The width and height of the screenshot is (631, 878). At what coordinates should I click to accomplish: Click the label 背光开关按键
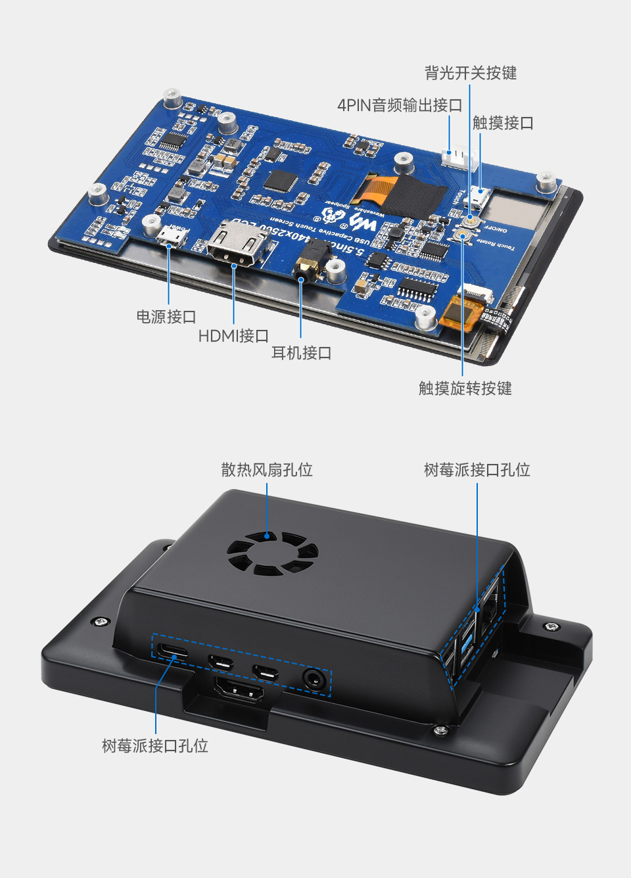click(x=470, y=73)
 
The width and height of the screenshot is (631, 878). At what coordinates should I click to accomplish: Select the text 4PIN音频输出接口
click(x=399, y=105)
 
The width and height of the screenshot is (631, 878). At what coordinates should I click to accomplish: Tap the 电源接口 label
click(x=166, y=317)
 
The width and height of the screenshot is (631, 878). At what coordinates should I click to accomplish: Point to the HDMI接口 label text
click(x=233, y=336)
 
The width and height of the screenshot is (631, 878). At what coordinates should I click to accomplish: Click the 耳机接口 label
click(x=301, y=353)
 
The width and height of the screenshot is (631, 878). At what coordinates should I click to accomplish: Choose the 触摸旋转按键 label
click(x=465, y=388)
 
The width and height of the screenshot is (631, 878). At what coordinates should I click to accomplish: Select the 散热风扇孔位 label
click(x=266, y=470)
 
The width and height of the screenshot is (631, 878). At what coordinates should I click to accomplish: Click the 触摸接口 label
click(x=503, y=123)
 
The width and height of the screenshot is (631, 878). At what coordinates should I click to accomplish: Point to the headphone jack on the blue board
click(x=312, y=260)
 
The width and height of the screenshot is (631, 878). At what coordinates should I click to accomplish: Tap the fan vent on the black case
click(x=271, y=553)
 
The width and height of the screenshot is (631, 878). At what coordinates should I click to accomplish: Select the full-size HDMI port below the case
click(x=239, y=691)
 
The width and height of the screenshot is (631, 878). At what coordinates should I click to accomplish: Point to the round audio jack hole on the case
click(x=314, y=679)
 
